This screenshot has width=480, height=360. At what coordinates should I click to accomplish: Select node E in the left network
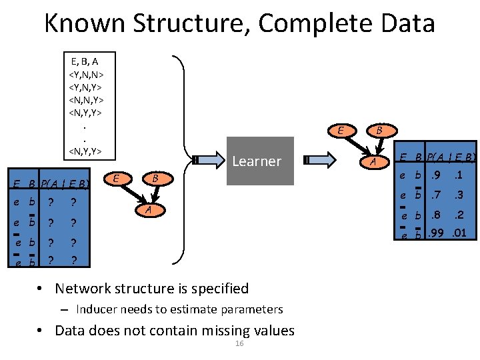click(117, 178)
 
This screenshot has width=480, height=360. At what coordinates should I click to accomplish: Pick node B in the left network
click(155, 179)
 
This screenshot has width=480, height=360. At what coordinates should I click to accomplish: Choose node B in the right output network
click(379, 131)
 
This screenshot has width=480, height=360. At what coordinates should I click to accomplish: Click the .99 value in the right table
click(436, 233)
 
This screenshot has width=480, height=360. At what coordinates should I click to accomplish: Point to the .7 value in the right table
click(437, 195)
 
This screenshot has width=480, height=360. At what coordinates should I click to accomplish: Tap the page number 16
click(239, 343)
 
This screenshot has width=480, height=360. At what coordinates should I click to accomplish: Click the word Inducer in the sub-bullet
click(95, 309)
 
